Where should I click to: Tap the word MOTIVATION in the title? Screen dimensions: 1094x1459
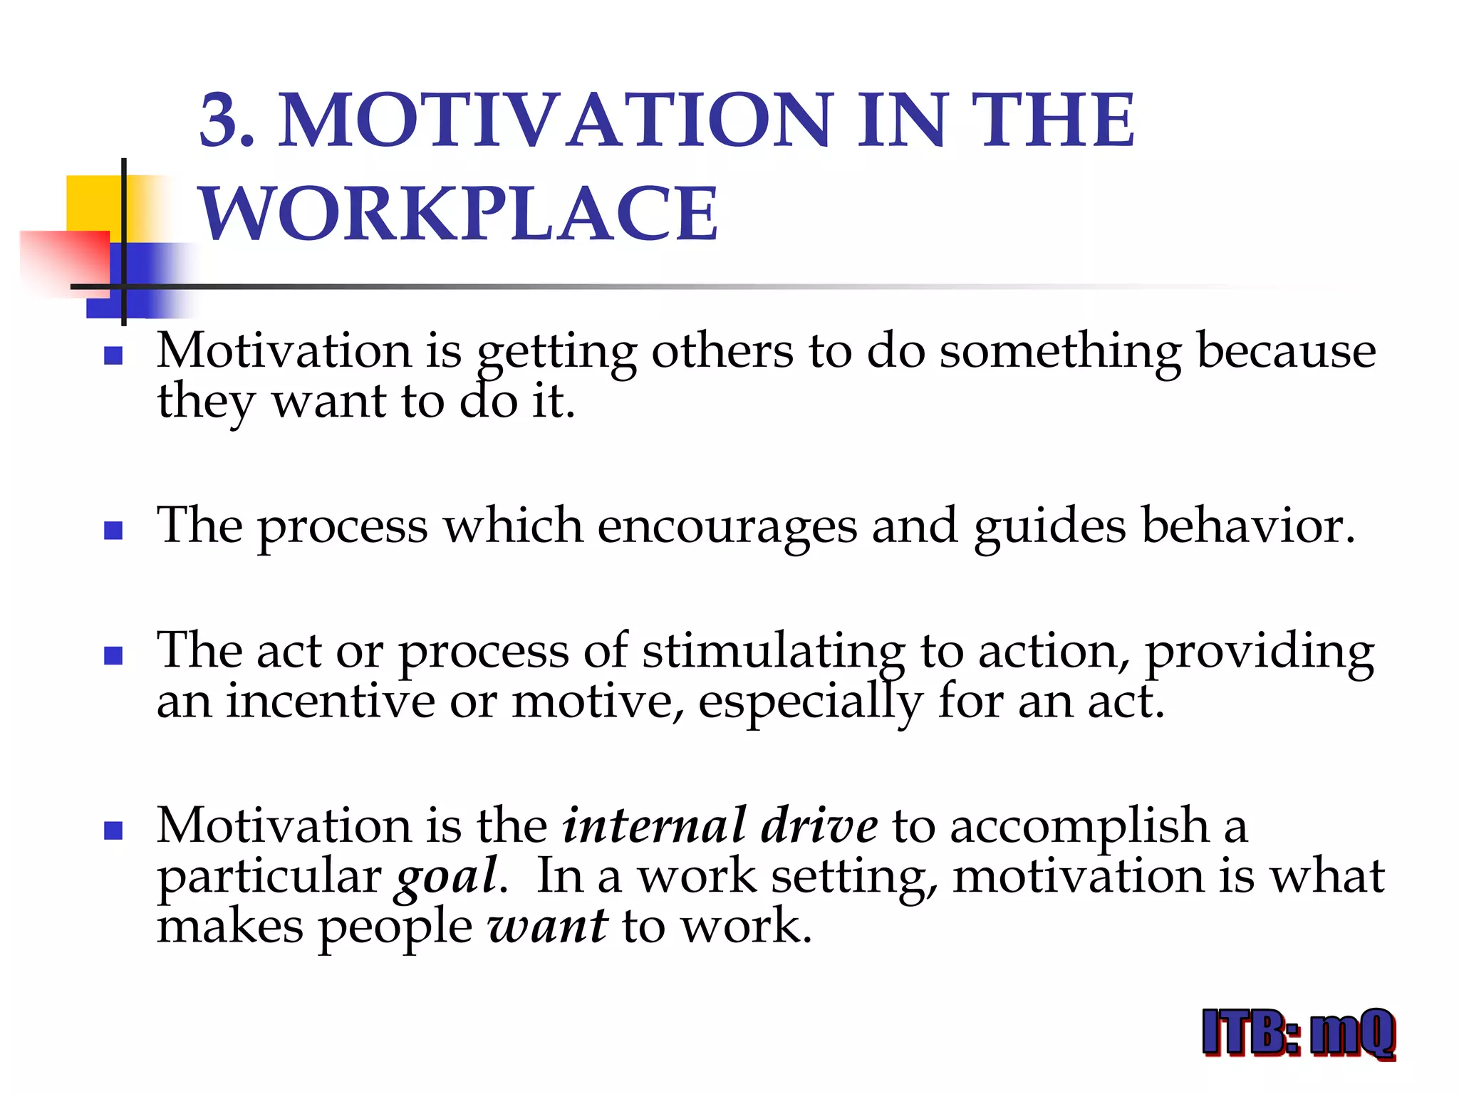tap(556, 120)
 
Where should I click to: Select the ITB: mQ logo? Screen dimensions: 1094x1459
tap(1298, 1033)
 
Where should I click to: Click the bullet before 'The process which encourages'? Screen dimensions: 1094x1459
tap(113, 530)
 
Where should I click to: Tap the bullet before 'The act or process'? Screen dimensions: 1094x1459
tap(113, 655)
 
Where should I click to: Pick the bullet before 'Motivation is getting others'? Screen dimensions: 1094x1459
tap(113, 355)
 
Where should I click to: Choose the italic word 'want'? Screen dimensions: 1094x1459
tap(547, 927)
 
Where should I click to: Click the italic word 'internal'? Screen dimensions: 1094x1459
tap(654, 826)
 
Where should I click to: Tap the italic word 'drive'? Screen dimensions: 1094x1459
tap(819, 826)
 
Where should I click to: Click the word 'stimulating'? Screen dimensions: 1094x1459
tap(774, 651)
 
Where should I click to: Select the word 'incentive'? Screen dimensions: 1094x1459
tap(331, 702)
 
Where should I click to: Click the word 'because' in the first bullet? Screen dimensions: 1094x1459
tap(1286, 350)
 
